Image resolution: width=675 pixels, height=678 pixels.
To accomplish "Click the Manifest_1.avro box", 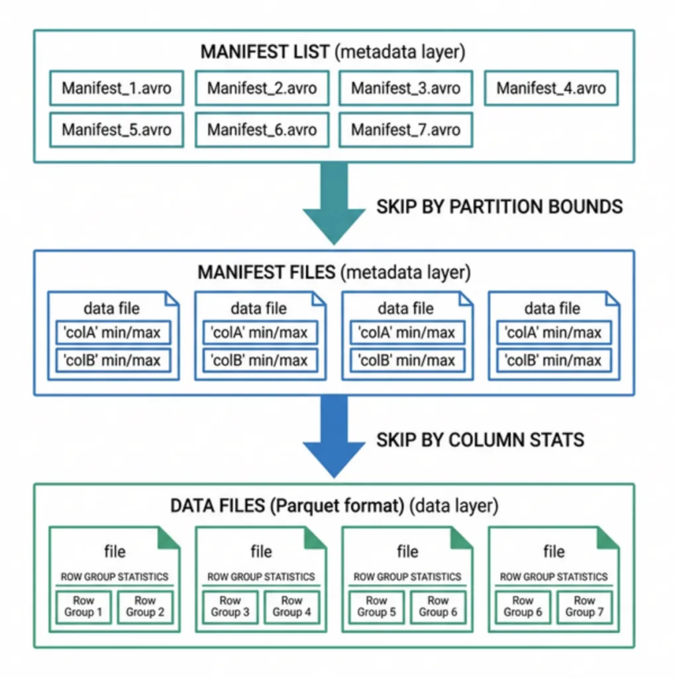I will [x=116, y=88].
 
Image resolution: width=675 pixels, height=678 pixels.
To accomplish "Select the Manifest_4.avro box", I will [x=551, y=88].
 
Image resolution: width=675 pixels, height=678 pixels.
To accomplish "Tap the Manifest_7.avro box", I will [x=405, y=129].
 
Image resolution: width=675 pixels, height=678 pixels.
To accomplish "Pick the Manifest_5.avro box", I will [x=116, y=129].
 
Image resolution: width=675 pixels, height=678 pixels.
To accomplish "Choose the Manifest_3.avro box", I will [x=405, y=88].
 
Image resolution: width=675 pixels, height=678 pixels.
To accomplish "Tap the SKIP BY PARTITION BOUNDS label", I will [x=499, y=207].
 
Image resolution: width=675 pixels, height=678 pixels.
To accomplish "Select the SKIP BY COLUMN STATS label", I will [x=480, y=439].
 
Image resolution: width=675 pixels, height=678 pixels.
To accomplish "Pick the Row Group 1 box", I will [x=83, y=606].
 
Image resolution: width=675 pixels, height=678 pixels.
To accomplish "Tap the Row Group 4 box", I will [x=291, y=606].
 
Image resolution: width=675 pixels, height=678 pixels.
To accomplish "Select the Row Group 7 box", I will [x=584, y=606].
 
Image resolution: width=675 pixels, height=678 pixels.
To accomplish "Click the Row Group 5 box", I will [x=376, y=606].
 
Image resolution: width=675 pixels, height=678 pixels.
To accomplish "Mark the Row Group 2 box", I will [x=144, y=606].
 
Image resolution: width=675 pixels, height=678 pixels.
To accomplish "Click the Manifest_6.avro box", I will [x=262, y=129].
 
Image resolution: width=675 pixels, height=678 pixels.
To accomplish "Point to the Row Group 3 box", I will [x=231, y=606].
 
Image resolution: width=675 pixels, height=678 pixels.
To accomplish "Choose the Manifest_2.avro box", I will [x=262, y=88].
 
